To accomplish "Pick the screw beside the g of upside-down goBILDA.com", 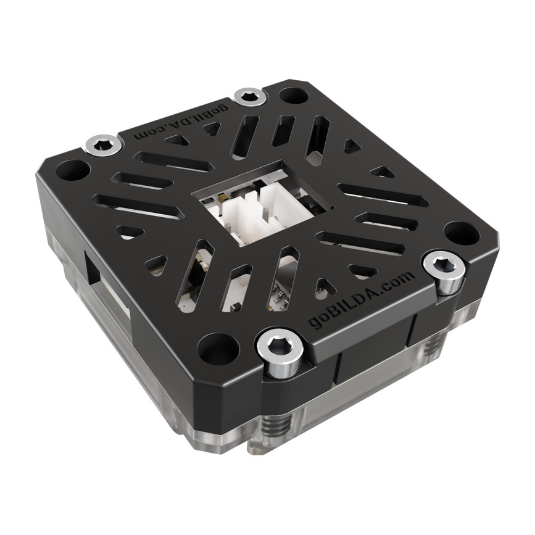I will [251, 96].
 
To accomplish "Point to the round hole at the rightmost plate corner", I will [461, 233].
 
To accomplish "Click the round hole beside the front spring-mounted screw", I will [218, 349].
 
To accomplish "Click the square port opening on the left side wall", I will [93, 269].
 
